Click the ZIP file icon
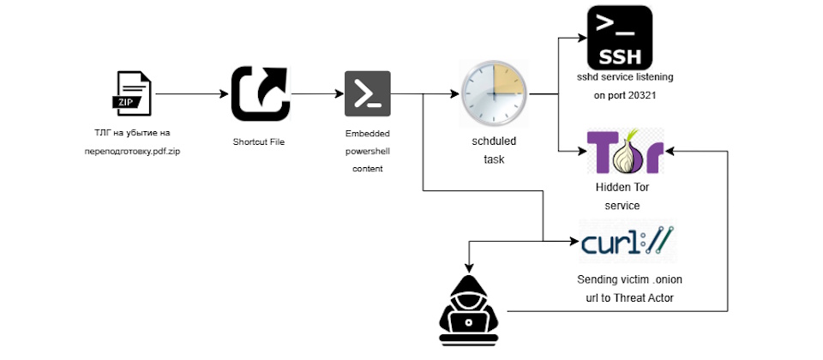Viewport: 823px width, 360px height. (133, 93)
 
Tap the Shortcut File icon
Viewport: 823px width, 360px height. (260, 93)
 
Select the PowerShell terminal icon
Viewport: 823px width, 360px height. (368, 93)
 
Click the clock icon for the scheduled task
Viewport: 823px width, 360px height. (494, 93)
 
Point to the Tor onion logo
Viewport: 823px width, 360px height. (624, 152)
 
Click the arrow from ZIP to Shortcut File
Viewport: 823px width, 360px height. (192, 93)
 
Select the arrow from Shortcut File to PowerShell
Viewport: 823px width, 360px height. (315, 93)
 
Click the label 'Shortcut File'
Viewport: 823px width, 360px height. (258, 141)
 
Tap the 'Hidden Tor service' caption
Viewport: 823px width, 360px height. (617, 196)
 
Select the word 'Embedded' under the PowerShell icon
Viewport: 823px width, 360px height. (367, 135)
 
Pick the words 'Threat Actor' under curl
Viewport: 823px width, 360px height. (650, 297)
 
